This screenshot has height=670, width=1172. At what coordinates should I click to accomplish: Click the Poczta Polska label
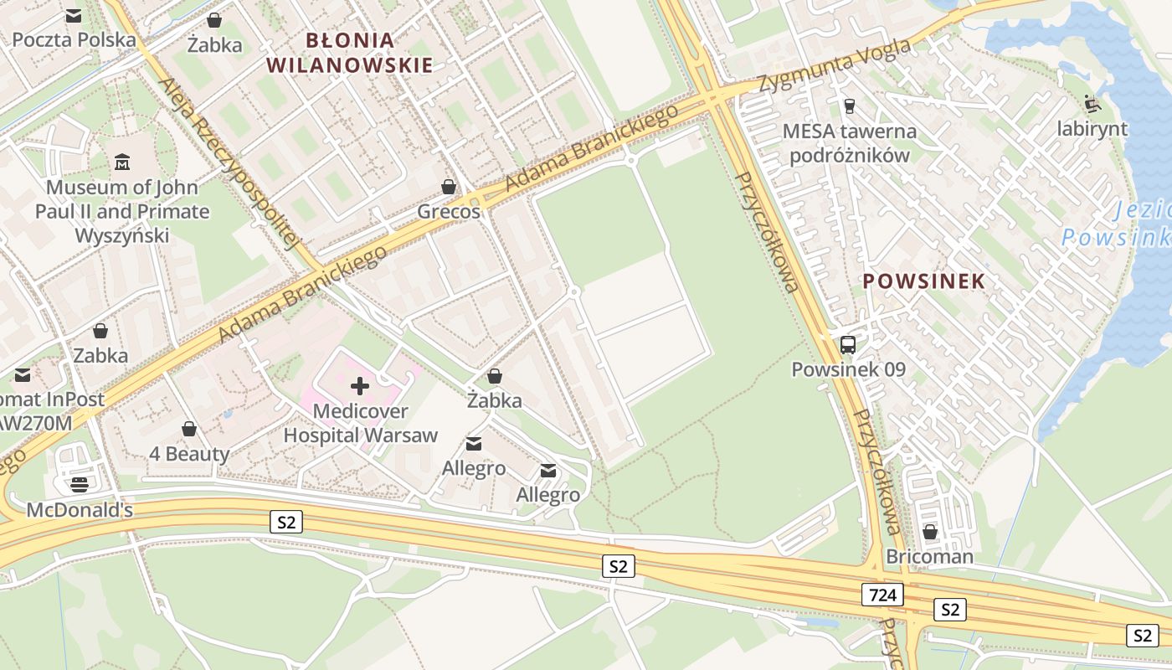point(74,39)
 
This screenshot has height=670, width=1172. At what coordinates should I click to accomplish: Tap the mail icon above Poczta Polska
point(74,15)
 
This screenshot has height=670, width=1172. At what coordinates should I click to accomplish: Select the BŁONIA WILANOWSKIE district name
point(350,52)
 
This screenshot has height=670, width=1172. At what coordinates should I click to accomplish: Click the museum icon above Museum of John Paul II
point(122,162)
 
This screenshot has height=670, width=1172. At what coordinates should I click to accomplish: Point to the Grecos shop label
point(449,211)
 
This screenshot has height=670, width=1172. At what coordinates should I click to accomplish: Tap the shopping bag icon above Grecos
point(449,187)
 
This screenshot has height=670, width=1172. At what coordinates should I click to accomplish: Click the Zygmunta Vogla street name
point(834,65)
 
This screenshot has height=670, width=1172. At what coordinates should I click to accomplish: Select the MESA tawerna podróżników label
point(850,142)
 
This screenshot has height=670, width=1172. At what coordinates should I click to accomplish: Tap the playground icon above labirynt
point(1092,104)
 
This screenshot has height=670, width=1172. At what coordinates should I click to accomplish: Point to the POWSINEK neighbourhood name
point(923,281)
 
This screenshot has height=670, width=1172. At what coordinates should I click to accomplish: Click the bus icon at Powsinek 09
point(848,344)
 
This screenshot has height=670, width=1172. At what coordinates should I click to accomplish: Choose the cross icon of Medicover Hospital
point(360,386)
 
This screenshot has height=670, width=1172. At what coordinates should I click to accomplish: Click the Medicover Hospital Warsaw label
point(360,423)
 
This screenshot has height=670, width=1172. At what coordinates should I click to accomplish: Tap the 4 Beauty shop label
point(189,454)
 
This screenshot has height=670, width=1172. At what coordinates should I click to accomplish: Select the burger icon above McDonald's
point(80,484)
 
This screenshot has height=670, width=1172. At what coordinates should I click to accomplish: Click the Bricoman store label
point(929,556)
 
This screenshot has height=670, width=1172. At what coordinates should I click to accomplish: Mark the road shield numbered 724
point(882,595)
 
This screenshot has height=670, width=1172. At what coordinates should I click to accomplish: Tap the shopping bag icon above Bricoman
point(929,532)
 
